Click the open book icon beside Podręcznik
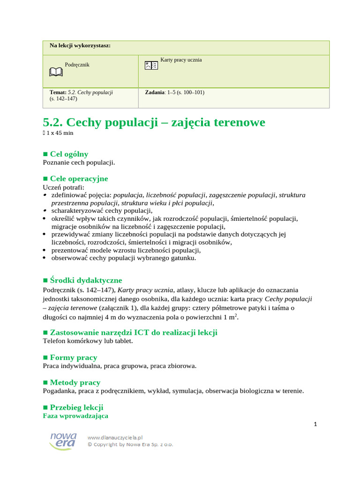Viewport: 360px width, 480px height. (x=55, y=72)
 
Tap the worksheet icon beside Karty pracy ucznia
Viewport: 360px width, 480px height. (x=151, y=65)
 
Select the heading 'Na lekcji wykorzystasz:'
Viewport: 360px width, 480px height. (x=80, y=45)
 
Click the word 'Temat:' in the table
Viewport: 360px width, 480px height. (x=58, y=92)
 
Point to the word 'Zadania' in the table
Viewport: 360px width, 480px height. (x=156, y=92)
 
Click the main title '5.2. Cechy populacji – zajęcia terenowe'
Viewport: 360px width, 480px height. (x=154, y=122)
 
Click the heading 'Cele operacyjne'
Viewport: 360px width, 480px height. (x=79, y=179)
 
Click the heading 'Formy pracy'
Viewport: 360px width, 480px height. (x=74, y=357)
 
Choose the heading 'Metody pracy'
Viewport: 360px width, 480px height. (x=75, y=382)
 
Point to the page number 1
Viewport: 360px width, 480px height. (x=315, y=425)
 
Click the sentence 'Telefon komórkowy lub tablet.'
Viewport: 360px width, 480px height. (x=88, y=341)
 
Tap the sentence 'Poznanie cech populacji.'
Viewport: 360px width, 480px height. (x=79, y=162)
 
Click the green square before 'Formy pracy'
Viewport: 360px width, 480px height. (x=45, y=358)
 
